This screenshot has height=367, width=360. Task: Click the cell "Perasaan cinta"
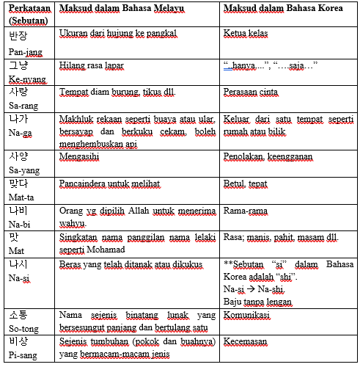(x=253, y=92)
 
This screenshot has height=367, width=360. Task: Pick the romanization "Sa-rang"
(x=23, y=105)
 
